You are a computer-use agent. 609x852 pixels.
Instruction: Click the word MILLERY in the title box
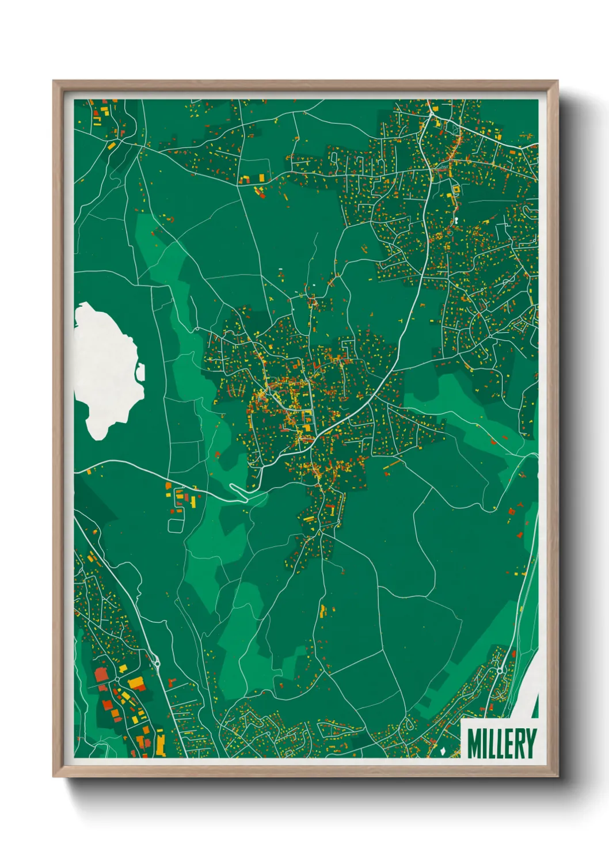pyautogui.click(x=501, y=744)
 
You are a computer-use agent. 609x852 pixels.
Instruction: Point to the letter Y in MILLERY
pyautogui.click(x=530, y=744)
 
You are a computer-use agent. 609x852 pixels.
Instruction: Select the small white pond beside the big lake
pyautogui.click(x=140, y=373)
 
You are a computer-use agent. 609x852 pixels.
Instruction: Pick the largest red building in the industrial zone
pyautogui.click(x=101, y=674)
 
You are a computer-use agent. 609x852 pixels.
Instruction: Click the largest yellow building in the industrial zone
pyautogui.click(x=136, y=683)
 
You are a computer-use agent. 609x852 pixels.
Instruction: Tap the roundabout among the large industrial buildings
pyautogui.click(x=117, y=680)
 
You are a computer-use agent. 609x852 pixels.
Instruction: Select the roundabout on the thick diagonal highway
pyautogui.click(x=158, y=664)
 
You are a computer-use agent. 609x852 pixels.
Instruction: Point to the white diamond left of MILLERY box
pyautogui.click(x=442, y=751)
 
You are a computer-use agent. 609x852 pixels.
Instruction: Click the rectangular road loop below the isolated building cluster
pyautogui.click(x=176, y=524)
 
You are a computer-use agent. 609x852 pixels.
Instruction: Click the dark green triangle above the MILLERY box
pyautogui.click(x=535, y=706)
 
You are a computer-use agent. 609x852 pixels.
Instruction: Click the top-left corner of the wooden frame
pyautogui.click(x=54, y=81)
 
